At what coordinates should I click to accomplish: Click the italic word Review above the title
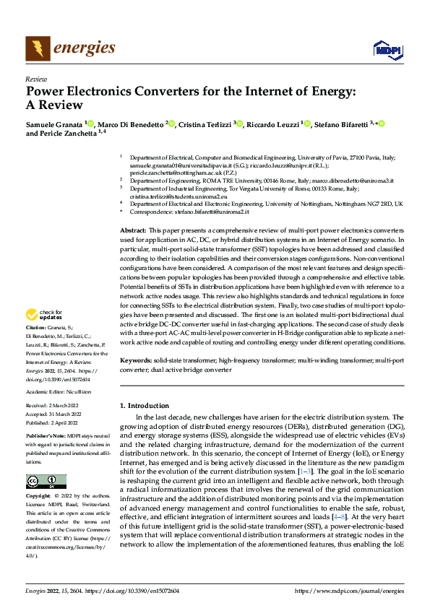pos(35,79)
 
